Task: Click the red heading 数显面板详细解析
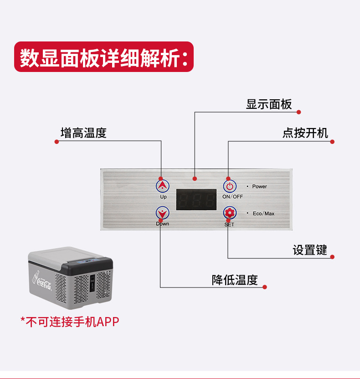(104, 57)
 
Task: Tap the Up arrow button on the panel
(163, 186)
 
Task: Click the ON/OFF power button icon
(230, 186)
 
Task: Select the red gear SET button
(230, 213)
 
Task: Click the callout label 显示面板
(269, 104)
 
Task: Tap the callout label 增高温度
(83, 133)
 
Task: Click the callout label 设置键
(309, 250)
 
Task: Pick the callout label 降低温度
(235, 280)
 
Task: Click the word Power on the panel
(259, 187)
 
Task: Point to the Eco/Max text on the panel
(263, 214)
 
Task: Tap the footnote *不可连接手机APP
(70, 322)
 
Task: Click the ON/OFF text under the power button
(232, 197)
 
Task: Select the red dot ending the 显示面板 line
(299, 112)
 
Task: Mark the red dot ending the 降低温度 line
(265, 287)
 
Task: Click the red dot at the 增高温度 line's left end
(57, 142)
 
